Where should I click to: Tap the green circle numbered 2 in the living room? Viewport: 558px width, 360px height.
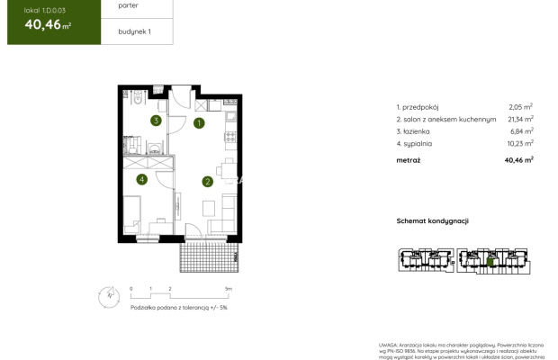pos(207,182)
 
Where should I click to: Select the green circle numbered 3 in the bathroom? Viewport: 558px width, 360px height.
pos(156,120)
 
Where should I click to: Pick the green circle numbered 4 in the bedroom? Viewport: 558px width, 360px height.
pos(141,179)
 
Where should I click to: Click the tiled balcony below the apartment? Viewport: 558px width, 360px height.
pos(211,257)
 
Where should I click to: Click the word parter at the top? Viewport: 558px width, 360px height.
pos(128,5)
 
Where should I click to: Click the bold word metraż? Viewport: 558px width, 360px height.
pos(409,159)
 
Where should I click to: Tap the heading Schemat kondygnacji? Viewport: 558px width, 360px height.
pos(433,220)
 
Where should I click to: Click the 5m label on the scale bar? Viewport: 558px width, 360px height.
pos(229,289)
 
